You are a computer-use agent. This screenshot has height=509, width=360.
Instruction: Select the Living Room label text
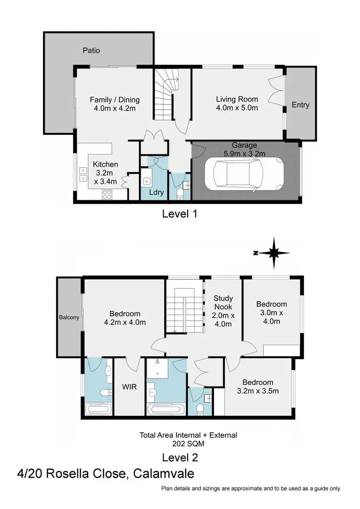(237, 99)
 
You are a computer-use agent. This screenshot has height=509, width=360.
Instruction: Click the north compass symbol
(272, 253)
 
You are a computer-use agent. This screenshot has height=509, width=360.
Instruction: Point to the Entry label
(300, 105)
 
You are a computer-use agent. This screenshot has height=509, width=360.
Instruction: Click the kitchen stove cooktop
(107, 194)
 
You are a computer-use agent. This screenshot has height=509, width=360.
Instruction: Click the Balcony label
(69, 317)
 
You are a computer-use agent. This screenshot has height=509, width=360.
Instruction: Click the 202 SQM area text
(188, 444)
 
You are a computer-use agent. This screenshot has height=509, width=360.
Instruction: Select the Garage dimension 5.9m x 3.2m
(245, 154)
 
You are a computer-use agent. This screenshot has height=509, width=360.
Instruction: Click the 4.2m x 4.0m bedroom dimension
(125, 322)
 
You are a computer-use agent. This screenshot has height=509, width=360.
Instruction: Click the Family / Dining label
(115, 100)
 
